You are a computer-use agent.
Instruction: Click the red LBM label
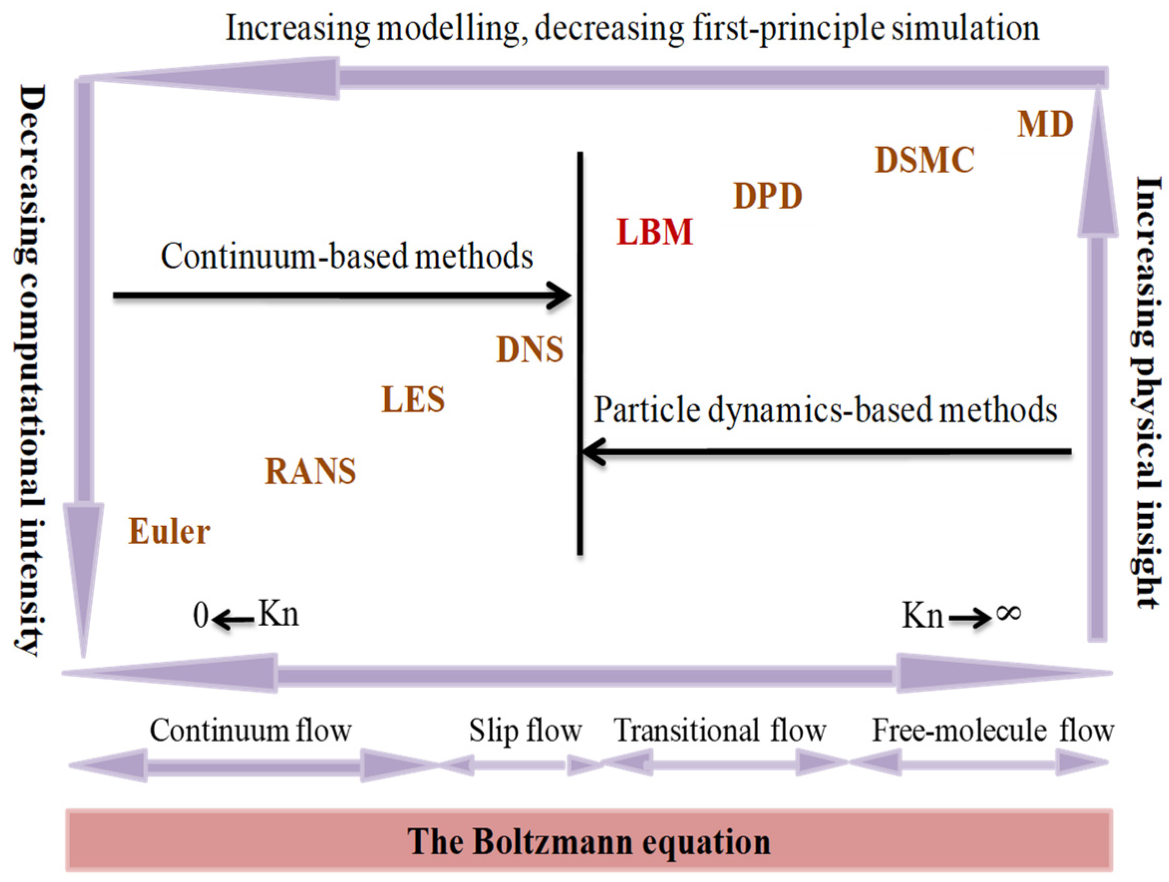point(655,232)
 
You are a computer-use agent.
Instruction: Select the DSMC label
point(924,160)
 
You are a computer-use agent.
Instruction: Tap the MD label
point(1045,125)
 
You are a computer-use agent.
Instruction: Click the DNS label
point(530,350)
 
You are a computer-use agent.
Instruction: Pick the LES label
point(413,400)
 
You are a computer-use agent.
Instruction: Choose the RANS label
point(310,471)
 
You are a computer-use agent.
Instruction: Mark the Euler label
point(169,532)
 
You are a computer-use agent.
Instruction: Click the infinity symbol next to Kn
point(1008,613)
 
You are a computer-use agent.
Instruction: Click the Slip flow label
point(525,731)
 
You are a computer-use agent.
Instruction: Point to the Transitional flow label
point(720,731)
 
